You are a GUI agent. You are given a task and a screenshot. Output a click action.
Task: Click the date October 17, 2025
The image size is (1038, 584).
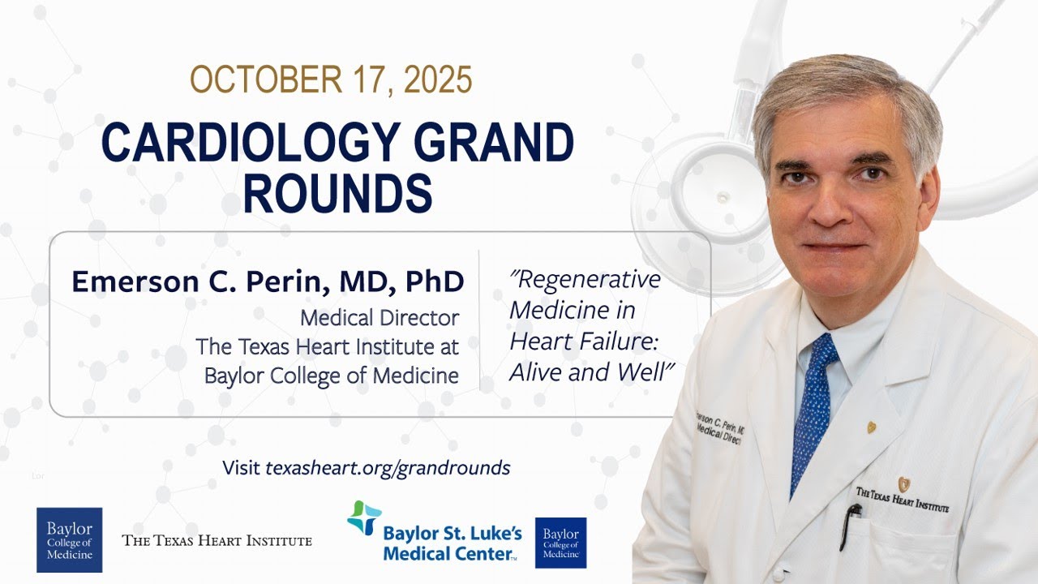click(331, 80)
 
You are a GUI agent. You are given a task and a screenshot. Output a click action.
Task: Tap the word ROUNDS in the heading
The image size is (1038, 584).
click(337, 194)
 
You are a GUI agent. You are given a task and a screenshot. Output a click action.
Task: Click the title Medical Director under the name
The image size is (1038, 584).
click(380, 318)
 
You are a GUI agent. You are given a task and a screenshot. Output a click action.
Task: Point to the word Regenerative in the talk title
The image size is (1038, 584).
click(585, 280)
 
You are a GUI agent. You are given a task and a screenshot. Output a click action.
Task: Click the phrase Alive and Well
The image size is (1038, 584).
click(592, 371)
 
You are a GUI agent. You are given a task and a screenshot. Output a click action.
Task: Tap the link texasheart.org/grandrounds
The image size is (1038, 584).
click(388, 467)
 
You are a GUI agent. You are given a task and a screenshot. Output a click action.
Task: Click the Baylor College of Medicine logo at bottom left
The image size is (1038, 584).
click(69, 539)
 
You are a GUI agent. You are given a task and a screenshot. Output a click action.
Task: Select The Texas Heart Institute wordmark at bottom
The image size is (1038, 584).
click(217, 540)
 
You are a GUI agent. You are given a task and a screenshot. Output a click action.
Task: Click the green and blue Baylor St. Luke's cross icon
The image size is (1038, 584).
click(364, 517)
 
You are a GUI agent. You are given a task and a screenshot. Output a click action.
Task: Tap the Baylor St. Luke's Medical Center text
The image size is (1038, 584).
click(453, 543)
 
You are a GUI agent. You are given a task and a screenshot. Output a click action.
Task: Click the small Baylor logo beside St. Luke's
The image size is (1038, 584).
click(560, 543)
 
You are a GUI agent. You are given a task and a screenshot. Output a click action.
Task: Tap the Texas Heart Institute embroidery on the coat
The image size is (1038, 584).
click(902, 497)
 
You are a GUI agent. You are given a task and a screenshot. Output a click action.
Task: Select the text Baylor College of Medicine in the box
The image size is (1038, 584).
click(331, 376)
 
